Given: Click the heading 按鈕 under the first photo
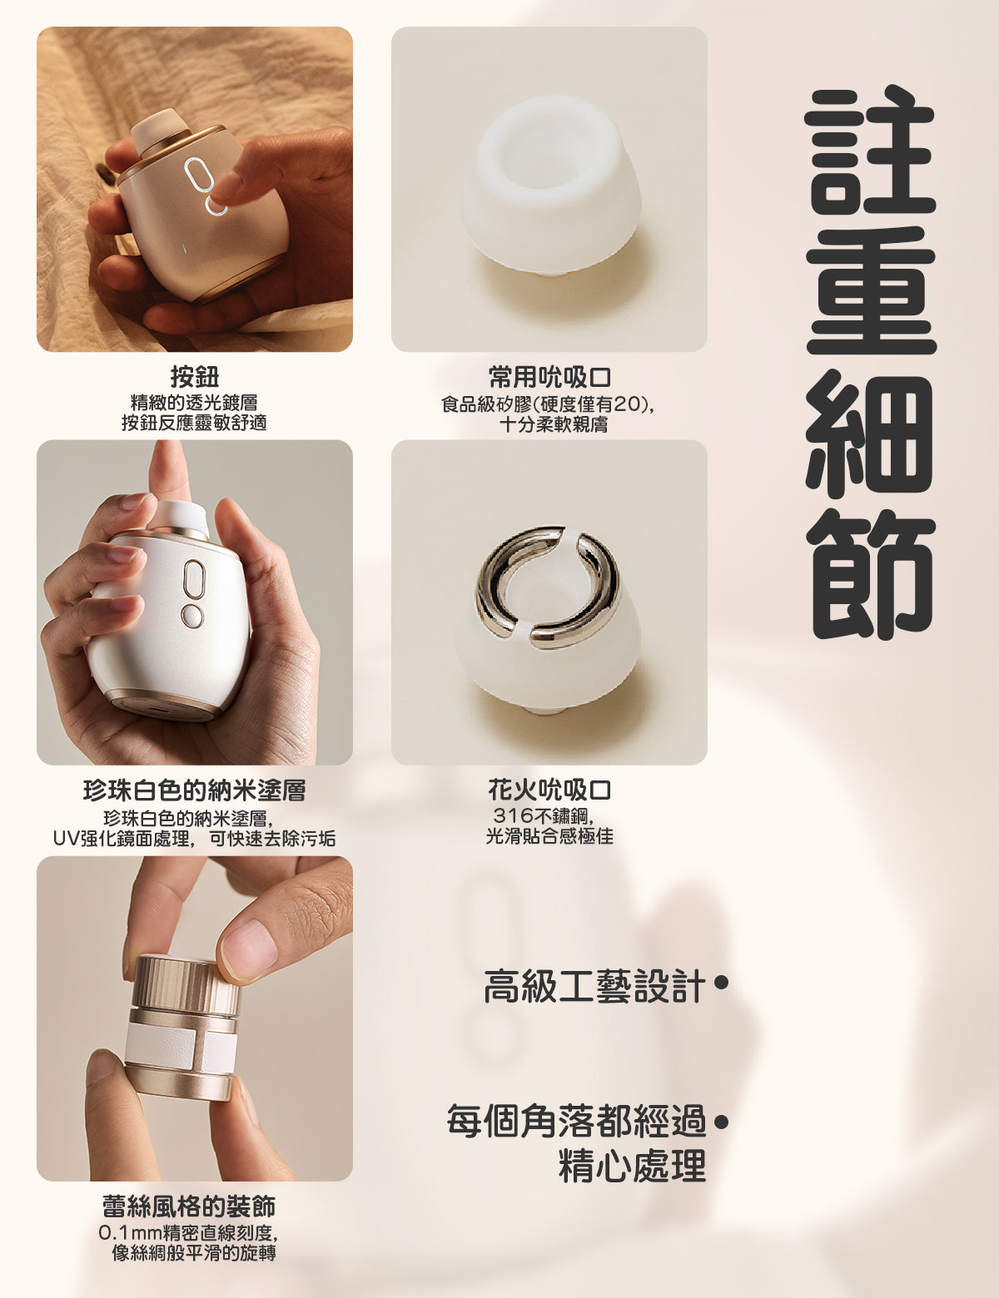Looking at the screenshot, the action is tap(195, 376).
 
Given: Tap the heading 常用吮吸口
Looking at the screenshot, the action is tap(549, 377).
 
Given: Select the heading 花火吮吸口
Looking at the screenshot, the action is tap(549, 790).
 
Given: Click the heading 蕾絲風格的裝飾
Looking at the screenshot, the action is tap(189, 1206).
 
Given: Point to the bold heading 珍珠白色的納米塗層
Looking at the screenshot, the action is tap(195, 790).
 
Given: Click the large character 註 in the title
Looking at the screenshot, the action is tap(870, 149).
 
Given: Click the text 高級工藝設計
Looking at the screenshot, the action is tap(594, 986).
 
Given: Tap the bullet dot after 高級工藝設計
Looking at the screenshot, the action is tap(721, 982).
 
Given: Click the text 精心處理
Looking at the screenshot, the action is tap(632, 1165).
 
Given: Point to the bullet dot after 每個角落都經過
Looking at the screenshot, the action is tap(721, 1122).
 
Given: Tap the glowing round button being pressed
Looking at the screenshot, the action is tap(216, 206).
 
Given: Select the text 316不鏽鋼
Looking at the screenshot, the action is tap(541, 816).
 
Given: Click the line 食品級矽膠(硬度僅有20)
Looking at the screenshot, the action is tap(547, 404).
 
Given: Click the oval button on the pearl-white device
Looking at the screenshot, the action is tap(194, 579).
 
